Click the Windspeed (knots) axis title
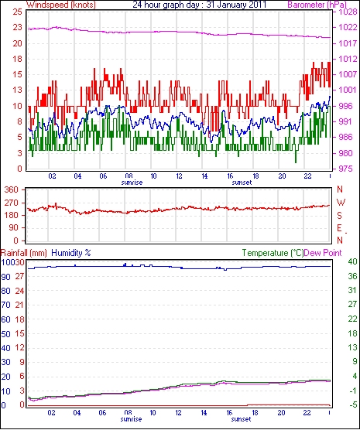pos(61,5)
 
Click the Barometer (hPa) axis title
pos(317,5)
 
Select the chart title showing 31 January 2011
pos(200,5)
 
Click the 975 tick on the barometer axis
pos(345,169)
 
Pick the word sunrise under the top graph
pos(132,183)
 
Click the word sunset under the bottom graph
pos(241,419)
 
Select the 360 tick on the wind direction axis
pos(12,189)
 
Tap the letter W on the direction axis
pos(341,203)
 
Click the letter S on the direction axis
pos(340,216)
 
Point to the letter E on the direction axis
pos(340,228)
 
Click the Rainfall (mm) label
pos(24,253)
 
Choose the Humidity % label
pos(71,253)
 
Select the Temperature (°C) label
pos(273,253)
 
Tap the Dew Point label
pos(323,253)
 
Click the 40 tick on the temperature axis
pos(352,262)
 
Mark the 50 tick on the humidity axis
pos(5,334)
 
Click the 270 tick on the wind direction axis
pos(12,203)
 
